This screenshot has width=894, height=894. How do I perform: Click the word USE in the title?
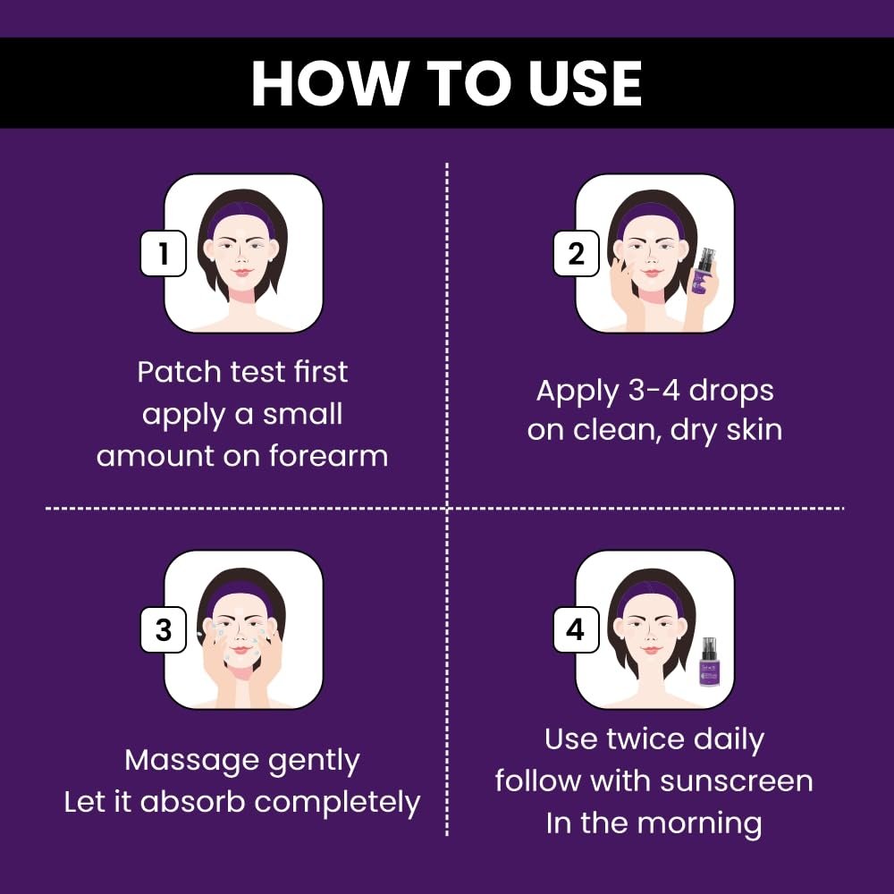(585, 83)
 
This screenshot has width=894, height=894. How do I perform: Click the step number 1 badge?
(164, 253)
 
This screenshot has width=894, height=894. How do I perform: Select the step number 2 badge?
(576, 253)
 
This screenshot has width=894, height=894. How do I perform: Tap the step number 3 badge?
(164, 629)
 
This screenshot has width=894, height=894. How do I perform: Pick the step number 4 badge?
(576, 629)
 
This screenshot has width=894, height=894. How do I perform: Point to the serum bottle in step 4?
(709, 663)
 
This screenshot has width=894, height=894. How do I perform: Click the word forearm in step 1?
(328, 456)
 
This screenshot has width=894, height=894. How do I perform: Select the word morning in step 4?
(699, 825)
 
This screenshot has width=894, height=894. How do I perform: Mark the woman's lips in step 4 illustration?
(651, 649)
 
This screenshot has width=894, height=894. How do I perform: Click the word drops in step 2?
(731, 392)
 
